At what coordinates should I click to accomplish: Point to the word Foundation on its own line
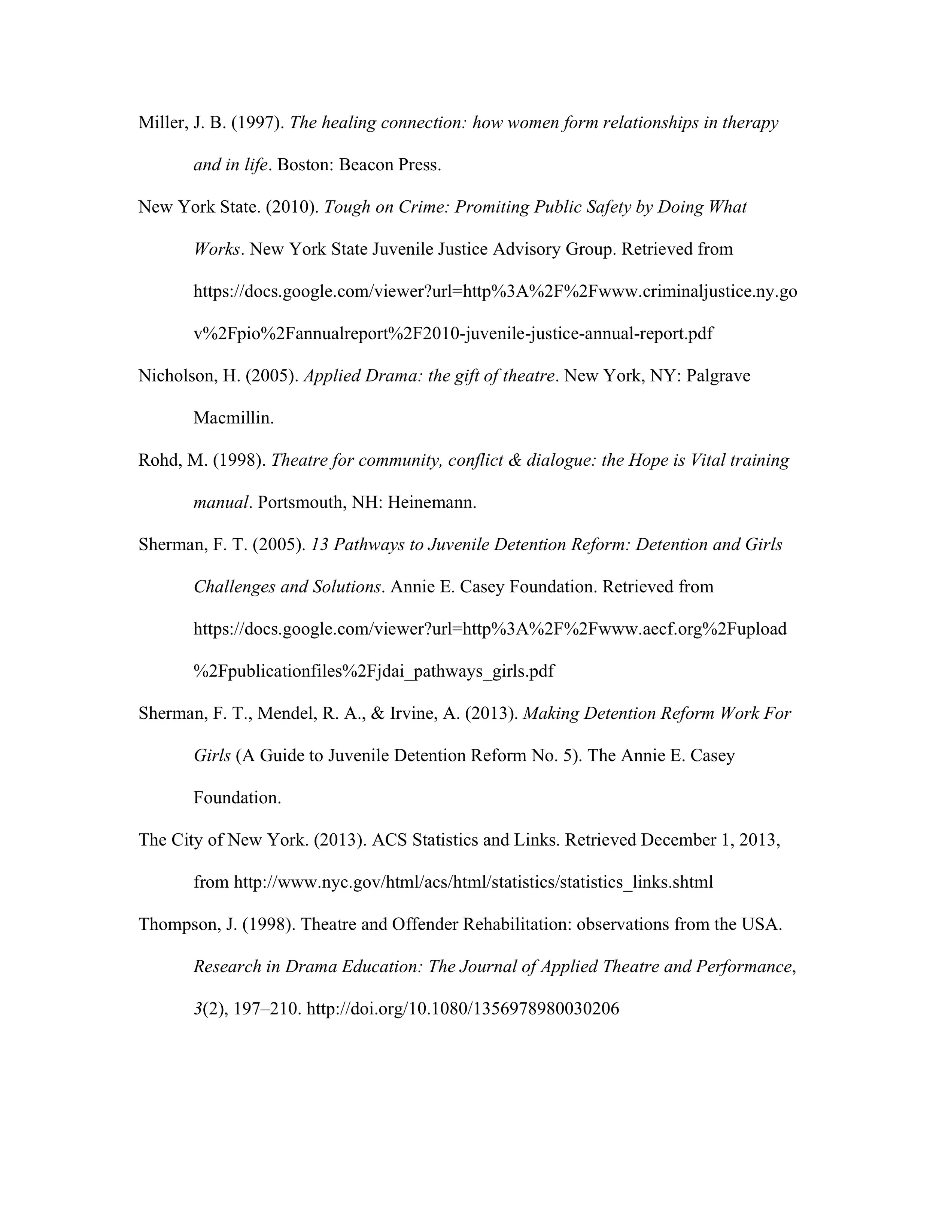tap(237, 797)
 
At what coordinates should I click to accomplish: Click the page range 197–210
tap(267, 1008)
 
